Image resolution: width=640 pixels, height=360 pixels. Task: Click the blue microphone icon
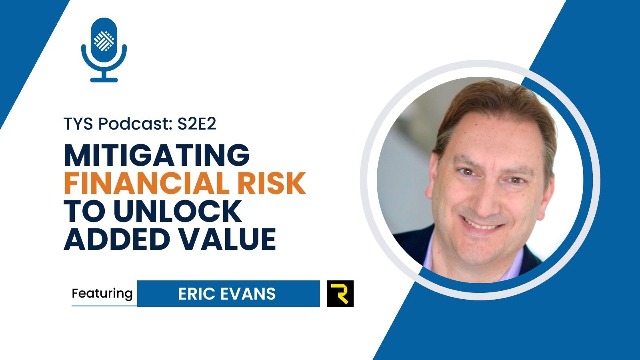coord(104,50)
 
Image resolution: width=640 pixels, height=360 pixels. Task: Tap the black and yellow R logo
coord(340,294)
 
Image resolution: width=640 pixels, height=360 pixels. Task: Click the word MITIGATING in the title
coord(156,155)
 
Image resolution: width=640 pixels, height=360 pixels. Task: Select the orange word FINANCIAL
coord(146,183)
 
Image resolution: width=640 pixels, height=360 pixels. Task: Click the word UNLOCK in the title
coord(178,211)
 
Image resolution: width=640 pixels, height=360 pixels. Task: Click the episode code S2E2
coord(197,124)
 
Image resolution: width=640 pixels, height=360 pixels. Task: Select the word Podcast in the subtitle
coord(136,124)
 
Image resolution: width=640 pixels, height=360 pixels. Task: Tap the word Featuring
coord(102,294)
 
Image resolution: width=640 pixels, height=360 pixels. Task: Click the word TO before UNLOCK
coord(85,211)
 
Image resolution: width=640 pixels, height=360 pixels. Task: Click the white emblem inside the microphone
coord(104,41)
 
